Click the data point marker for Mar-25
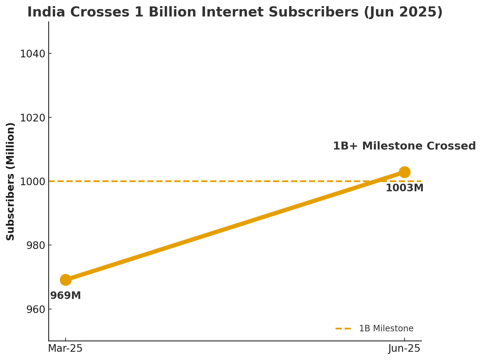(x=66, y=279)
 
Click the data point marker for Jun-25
(x=404, y=172)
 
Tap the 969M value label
(x=66, y=296)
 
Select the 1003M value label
(x=405, y=188)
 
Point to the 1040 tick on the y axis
(x=32, y=54)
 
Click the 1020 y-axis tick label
(x=32, y=118)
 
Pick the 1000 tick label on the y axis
(x=32, y=182)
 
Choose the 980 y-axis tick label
(x=36, y=245)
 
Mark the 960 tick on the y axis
(x=36, y=309)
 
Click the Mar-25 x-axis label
(x=65, y=348)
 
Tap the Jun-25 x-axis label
(x=404, y=348)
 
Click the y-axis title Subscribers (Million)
(x=11, y=181)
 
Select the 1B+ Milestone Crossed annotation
(x=404, y=146)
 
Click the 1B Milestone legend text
(x=386, y=329)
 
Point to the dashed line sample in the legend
(x=344, y=329)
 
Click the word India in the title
(x=42, y=12)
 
